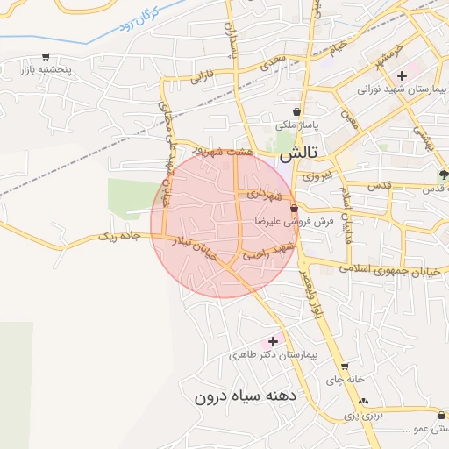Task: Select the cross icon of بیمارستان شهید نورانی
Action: click(x=402, y=75)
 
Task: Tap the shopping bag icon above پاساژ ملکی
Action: click(x=298, y=112)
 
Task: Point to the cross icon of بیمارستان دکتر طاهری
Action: click(x=273, y=340)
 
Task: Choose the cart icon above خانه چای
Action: click(x=345, y=367)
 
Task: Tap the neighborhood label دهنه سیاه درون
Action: click(x=246, y=396)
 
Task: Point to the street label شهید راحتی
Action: click(x=267, y=252)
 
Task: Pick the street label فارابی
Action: click(x=202, y=76)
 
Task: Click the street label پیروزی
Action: click(x=317, y=175)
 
